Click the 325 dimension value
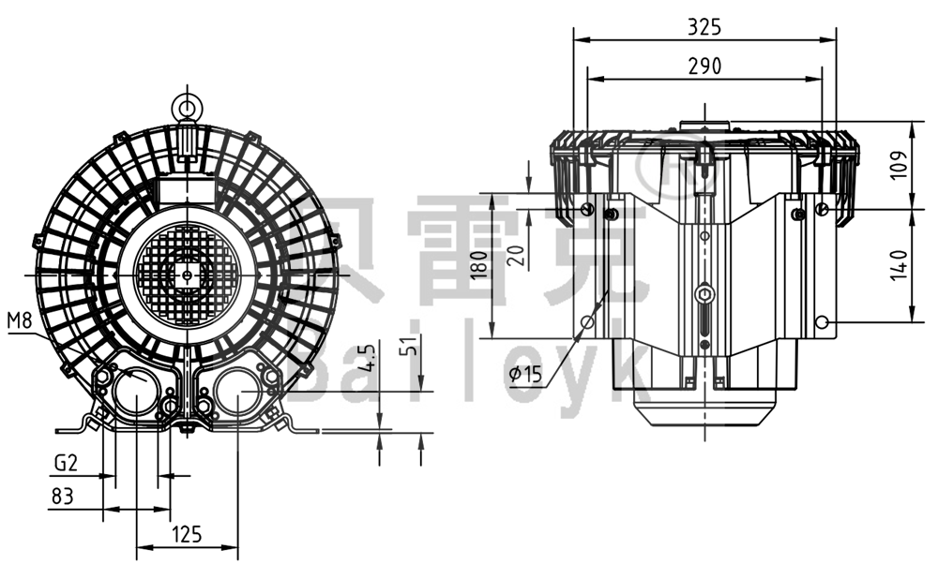click(704, 27)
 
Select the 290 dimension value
click(704, 66)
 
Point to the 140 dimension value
click(899, 264)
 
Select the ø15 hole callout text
click(526, 376)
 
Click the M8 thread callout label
click(20, 321)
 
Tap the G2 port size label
click(65, 462)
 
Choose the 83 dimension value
click(62, 497)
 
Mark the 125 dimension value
click(187, 535)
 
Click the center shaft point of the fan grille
click(188, 275)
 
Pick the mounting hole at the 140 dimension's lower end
click(822, 322)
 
